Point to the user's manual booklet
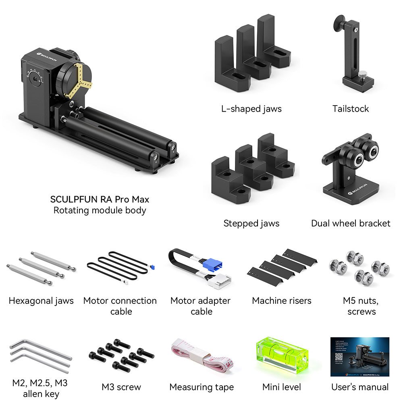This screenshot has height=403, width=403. coord(359,357)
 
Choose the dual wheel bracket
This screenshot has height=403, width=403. coord(352,169)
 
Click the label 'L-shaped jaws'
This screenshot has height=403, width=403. coord(251,109)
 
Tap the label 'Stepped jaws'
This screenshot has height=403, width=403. coord(251,223)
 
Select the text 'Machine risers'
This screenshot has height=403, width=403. coord(282,301)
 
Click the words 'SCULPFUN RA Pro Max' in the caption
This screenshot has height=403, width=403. coord(100,199)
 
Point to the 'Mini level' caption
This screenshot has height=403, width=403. coord(282,387)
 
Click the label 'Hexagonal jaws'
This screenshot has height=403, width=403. coord(41,301)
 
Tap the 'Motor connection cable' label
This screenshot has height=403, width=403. coord(120,306)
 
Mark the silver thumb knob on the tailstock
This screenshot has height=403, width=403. coord(364,75)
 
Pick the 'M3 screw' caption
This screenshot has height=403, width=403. coord(121,387)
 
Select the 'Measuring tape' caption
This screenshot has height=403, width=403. coord(201,387)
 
